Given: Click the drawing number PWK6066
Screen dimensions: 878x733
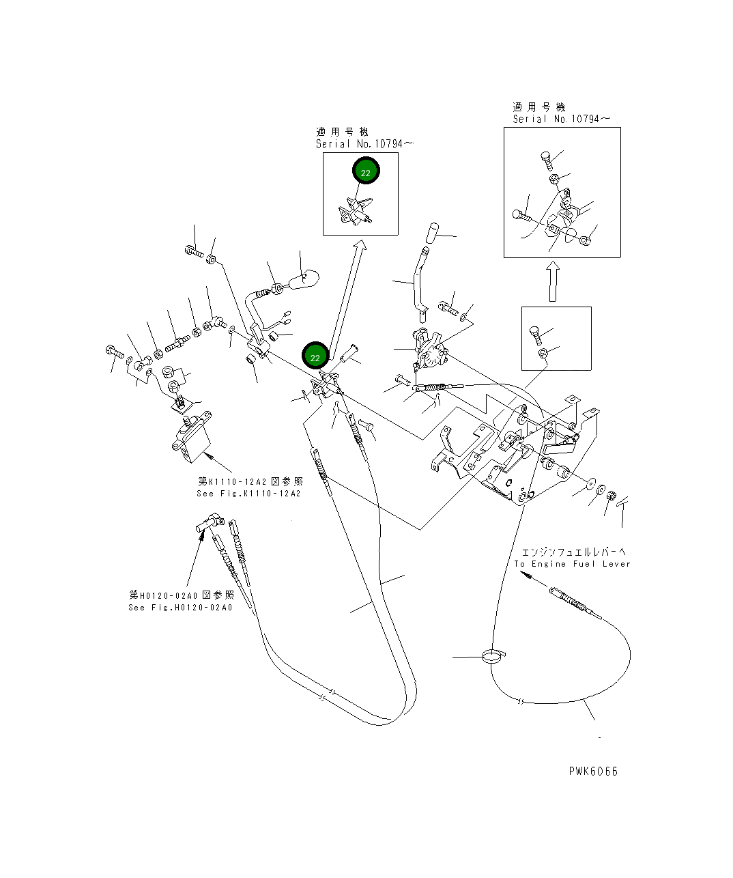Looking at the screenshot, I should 593,771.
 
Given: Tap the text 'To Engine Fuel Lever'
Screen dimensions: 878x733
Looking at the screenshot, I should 572,564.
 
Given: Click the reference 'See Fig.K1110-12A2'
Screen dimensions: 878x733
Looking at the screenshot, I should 248,494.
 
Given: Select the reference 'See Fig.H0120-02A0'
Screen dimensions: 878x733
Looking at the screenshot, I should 180,608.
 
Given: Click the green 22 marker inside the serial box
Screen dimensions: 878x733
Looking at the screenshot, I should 366,173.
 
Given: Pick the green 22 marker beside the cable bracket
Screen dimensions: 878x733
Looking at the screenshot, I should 315,357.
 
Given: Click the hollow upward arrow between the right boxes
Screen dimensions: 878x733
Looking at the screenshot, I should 554,281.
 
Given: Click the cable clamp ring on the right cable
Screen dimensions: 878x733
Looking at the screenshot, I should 492,657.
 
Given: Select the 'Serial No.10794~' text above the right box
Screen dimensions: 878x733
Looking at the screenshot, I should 561,119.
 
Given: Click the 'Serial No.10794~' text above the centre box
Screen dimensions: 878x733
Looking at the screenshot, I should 365,144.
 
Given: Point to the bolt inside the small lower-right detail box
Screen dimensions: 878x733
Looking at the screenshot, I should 536,334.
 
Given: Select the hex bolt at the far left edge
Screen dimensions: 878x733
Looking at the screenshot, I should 113,352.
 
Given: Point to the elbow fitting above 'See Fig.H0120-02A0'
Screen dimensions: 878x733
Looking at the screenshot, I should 207,524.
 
